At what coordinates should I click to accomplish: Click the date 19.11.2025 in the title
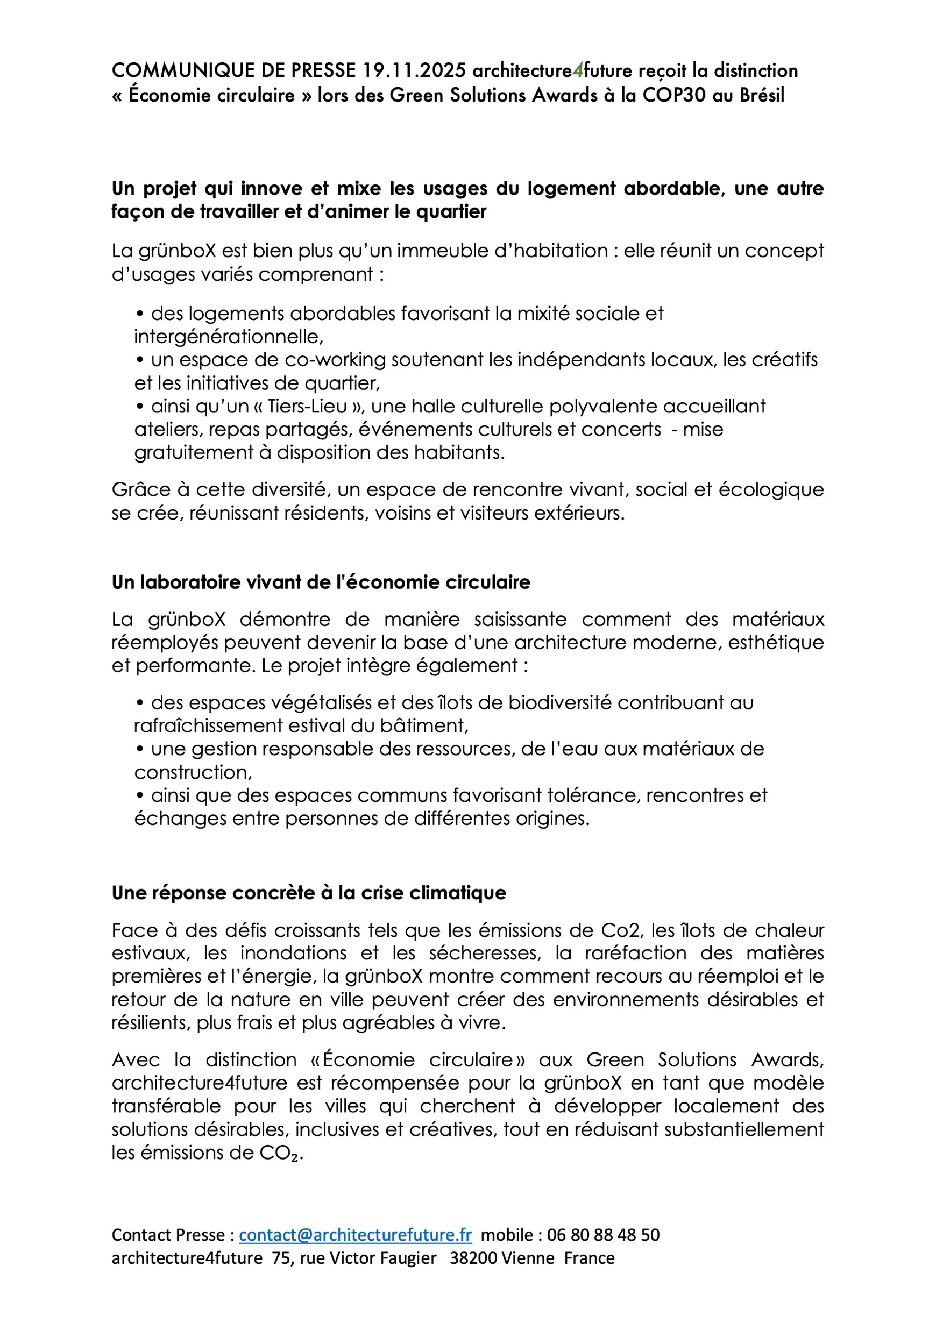click(414, 70)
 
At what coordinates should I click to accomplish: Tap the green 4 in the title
click(578, 70)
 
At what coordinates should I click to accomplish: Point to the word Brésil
click(762, 95)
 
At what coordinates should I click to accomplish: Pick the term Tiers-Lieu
click(307, 406)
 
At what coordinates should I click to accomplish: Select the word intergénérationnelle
click(228, 337)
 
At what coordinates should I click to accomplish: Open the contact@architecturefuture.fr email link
click(355, 1235)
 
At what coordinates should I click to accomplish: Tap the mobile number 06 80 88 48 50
click(603, 1235)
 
